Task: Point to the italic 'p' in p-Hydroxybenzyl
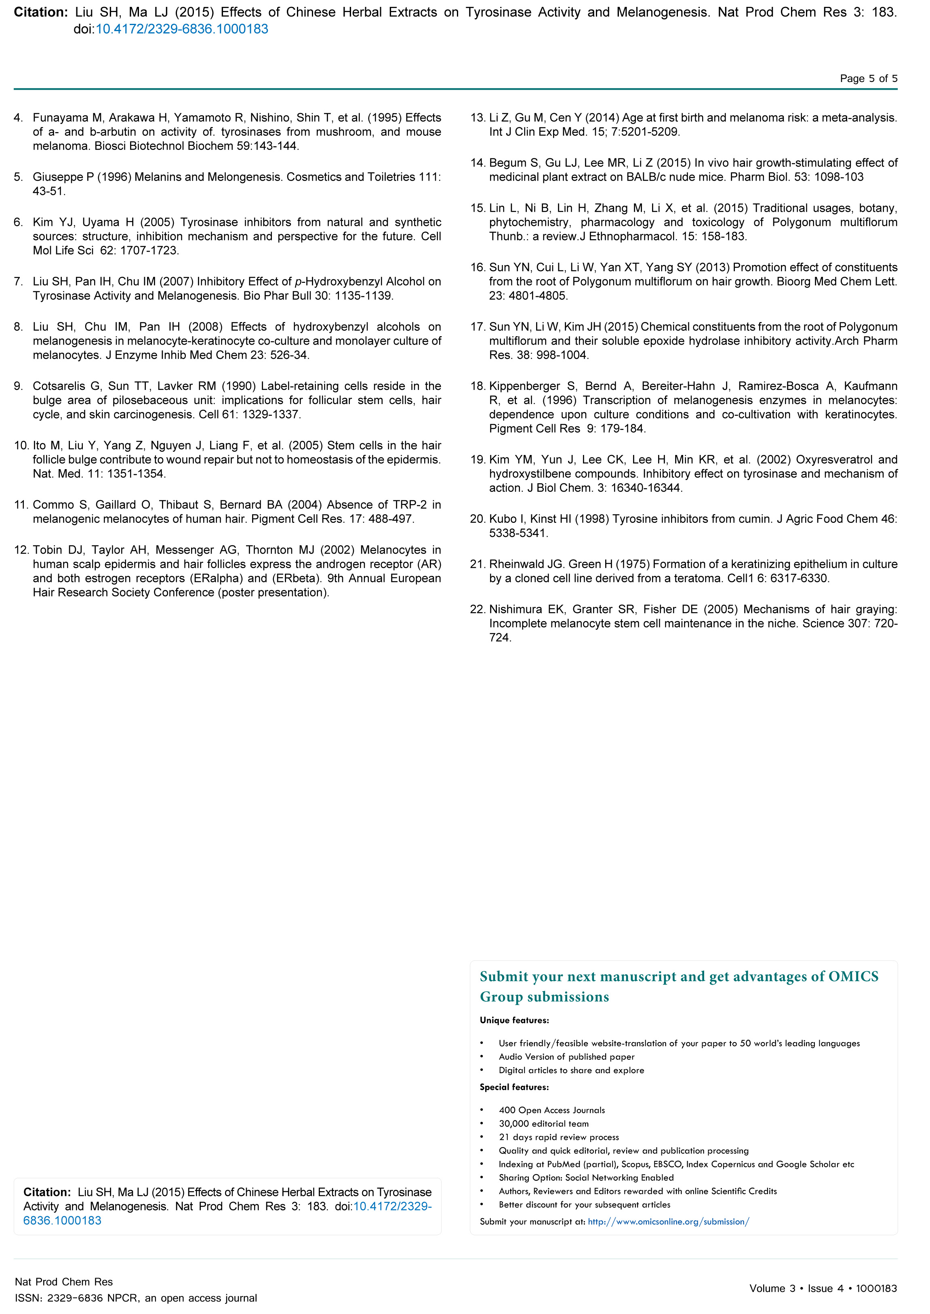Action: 298,282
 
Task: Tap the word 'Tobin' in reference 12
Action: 46,550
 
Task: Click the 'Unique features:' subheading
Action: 514,1020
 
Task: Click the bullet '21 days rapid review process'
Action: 558,1137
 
